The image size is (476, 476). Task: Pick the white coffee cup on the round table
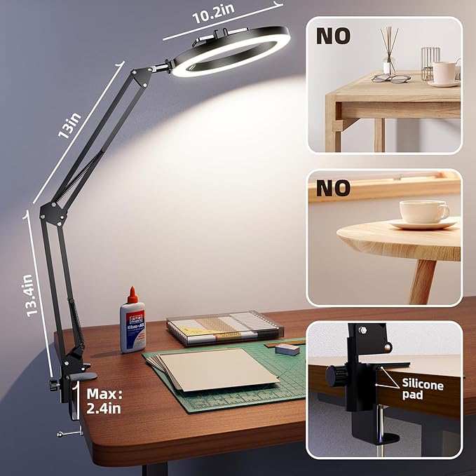423,212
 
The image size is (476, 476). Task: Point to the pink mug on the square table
444,72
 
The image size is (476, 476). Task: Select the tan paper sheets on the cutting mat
217,368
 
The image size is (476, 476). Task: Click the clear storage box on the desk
224,328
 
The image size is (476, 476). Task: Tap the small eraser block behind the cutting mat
287,347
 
